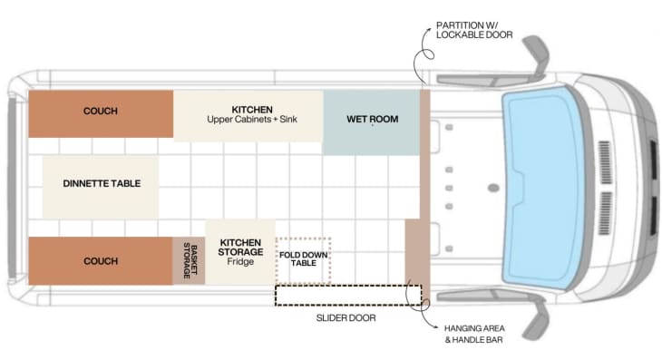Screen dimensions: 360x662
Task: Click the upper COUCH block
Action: pyautogui.click(x=100, y=113)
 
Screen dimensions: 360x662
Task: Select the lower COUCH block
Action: pyautogui.click(x=100, y=261)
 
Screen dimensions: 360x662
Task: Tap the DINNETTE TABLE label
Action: pyautogui.click(x=102, y=183)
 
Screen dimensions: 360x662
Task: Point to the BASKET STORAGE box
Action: pyautogui.click(x=189, y=260)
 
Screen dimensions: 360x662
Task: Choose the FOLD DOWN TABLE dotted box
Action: pyautogui.click(x=303, y=258)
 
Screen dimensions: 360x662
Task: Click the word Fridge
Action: pyautogui.click(x=240, y=261)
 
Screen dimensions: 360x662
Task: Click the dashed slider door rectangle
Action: pyautogui.click(x=348, y=295)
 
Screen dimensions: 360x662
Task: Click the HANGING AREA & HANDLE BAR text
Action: pyautogui.click(x=475, y=333)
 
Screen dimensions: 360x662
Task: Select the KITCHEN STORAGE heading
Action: pyautogui.click(x=240, y=247)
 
